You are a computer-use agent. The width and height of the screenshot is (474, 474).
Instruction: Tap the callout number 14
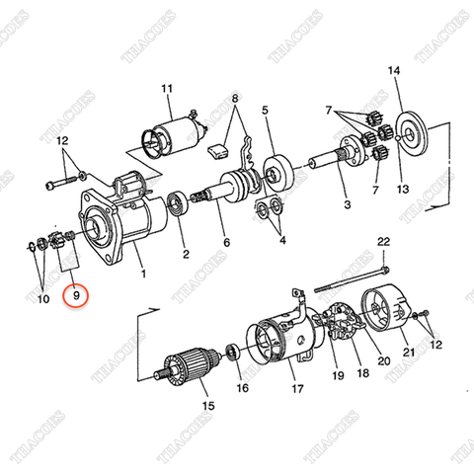pyautogui.click(x=395, y=70)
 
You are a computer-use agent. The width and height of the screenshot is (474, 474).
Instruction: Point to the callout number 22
pyautogui.click(x=383, y=242)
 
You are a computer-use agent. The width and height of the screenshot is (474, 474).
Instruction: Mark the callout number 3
pyautogui.click(x=347, y=205)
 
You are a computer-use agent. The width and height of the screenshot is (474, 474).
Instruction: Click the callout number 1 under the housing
pyautogui.click(x=142, y=274)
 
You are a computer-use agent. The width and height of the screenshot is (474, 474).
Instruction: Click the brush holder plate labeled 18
pyautogui.click(x=344, y=332)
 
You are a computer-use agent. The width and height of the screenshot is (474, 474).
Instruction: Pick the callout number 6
pyautogui.click(x=226, y=242)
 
